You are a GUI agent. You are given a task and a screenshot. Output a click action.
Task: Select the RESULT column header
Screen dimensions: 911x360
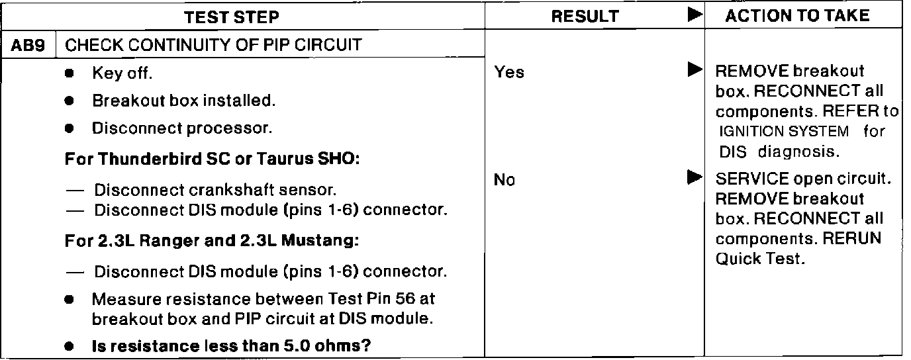[586, 17]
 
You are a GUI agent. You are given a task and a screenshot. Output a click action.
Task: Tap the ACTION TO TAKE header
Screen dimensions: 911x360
[797, 16]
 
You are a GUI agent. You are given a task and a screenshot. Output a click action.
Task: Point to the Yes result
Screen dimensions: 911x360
[509, 73]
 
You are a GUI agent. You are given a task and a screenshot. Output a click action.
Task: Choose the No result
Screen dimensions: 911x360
[504, 179]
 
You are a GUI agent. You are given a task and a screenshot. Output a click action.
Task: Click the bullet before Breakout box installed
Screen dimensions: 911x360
[69, 101]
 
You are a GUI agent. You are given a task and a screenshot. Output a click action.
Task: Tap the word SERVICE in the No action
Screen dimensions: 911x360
[742, 179]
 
